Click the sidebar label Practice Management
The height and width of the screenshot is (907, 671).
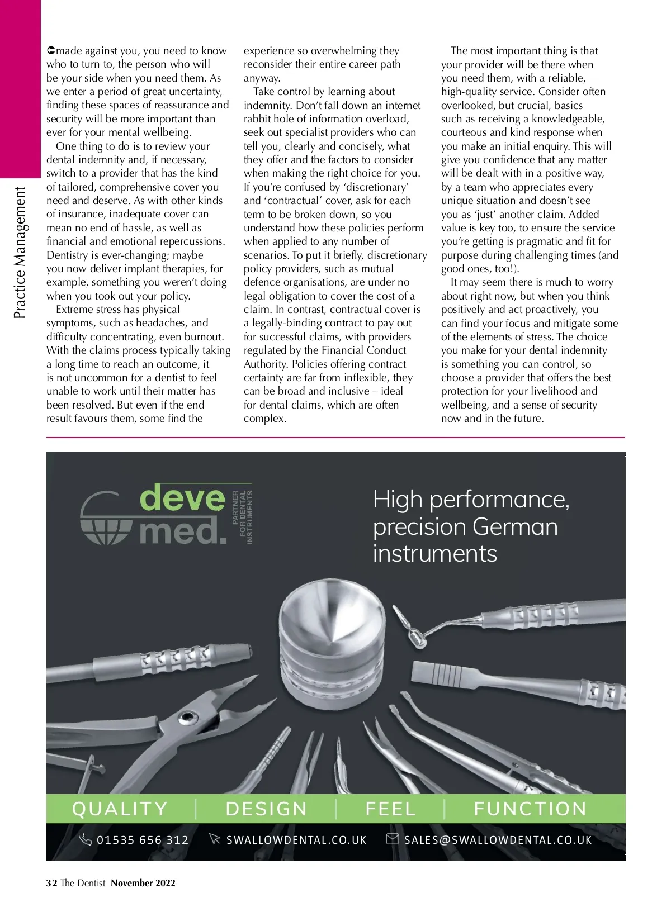tap(20, 253)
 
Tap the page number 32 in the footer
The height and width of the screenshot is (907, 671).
tap(51, 883)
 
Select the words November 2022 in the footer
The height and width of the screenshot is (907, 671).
tap(143, 883)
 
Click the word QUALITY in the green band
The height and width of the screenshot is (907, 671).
tap(120, 809)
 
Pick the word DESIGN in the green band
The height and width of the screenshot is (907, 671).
tap(266, 809)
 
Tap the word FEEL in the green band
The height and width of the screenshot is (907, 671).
tap(390, 809)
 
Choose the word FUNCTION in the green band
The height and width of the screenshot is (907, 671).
tap(530, 809)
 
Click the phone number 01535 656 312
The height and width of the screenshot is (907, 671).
tap(143, 840)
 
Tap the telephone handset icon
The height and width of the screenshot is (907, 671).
tap(85, 839)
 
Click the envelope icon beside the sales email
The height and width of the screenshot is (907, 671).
tap(393, 839)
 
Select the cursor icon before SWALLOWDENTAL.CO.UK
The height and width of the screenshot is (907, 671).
tap(214, 839)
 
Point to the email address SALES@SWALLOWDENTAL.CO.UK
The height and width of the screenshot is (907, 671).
tap(498, 840)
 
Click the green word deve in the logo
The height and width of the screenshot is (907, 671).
tap(182, 497)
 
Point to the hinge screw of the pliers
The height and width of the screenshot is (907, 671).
tap(187, 718)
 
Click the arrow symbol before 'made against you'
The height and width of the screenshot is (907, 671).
tap(51, 51)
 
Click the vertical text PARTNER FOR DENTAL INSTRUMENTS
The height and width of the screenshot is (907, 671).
tap(243, 517)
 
